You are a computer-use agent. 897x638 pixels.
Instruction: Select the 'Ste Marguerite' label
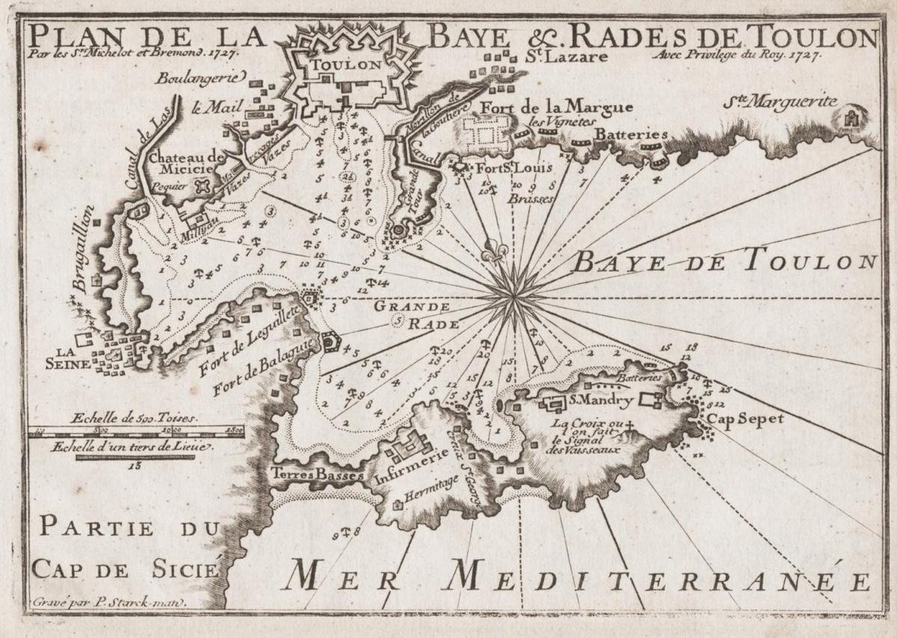[x=787, y=99]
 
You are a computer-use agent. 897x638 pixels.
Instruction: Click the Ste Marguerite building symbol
[x=851, y=118]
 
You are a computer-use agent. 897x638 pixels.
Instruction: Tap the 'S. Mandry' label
[x=592, y=399]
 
